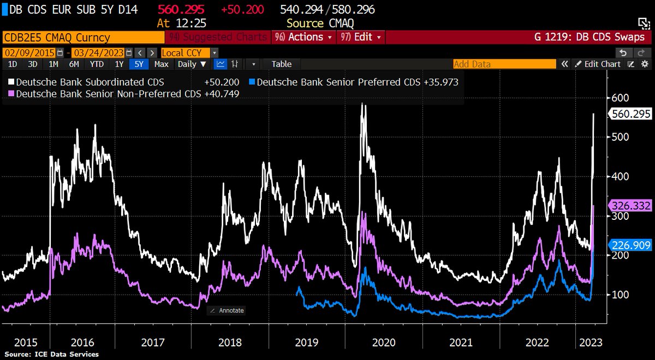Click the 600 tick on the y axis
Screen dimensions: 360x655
[x=621, y=98]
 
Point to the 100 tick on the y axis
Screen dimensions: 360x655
[x=621, y=295]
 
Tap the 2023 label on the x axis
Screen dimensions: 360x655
[x=591, y=343]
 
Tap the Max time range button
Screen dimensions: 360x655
[x=161, y=64]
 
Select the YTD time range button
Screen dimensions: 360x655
[x=97, y=64]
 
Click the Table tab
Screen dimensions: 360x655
[x=282, y=64]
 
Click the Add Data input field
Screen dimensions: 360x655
[x=504, y=64]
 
